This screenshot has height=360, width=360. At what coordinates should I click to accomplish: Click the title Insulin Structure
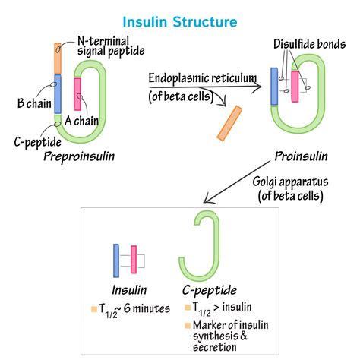pyautogui.click(x=180, y=22)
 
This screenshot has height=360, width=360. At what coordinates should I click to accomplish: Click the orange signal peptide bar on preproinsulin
pyautogui.click(x=57, y=58)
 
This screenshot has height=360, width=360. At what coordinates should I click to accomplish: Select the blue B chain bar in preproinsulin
pyautogui.click(x=57, y=93)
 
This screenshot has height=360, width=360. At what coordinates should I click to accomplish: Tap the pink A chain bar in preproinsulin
pyautogui.click(x=77, y=93)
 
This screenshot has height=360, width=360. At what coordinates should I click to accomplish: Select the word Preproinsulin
pyautogui.click(x=77, y=156)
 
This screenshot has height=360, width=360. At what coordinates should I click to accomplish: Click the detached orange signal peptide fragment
pyautogui.click(x=229, y=123)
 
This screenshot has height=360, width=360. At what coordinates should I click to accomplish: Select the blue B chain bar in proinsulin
pyautogui.click(x=274, y=86)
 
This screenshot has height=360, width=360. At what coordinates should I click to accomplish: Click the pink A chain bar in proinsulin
pyautogui.click(x=295, y=86)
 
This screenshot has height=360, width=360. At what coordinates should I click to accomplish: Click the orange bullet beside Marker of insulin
pyautogui.click(x=187, y=326)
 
